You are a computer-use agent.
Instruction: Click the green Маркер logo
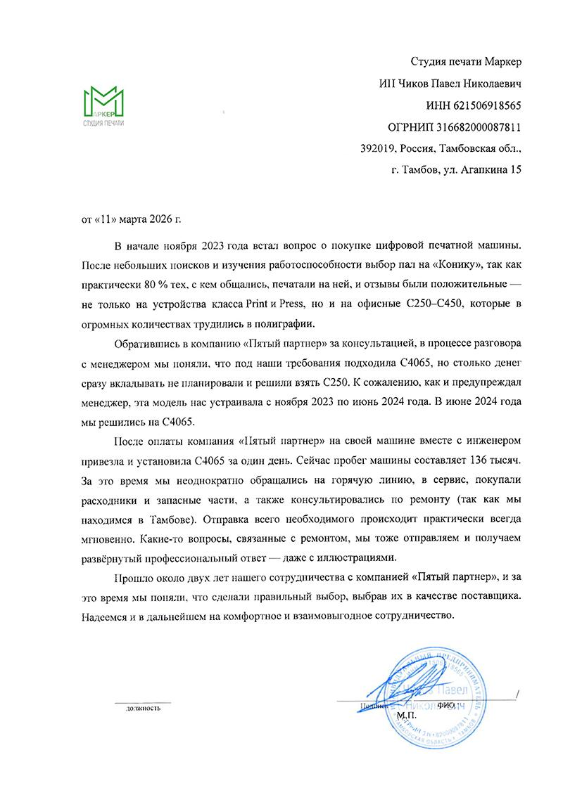(x=103, y=106)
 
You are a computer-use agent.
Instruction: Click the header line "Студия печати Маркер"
(x=465, y=62)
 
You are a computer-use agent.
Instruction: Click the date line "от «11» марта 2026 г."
(x=132, y=220)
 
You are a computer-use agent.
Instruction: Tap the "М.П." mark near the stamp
(x=406, y=716)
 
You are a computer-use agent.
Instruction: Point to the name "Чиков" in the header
(x=412, y=84)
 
